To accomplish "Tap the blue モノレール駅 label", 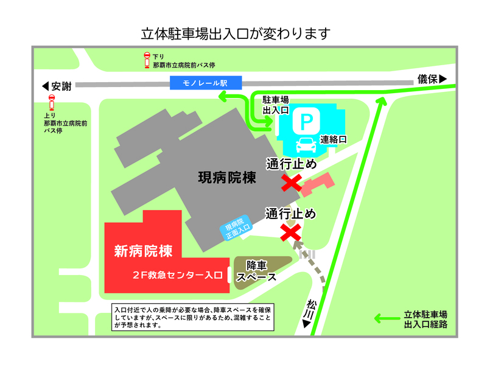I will pyautogui.click(x=206, y=82).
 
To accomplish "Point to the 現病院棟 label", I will pyautogui.click(x=226, y=178).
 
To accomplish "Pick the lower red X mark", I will pyautogui.click(x=290, y=231).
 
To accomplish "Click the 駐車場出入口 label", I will pyautogui.click(x=275, y=105).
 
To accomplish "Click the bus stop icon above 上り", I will pyautogui.click(x=51, y=101).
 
